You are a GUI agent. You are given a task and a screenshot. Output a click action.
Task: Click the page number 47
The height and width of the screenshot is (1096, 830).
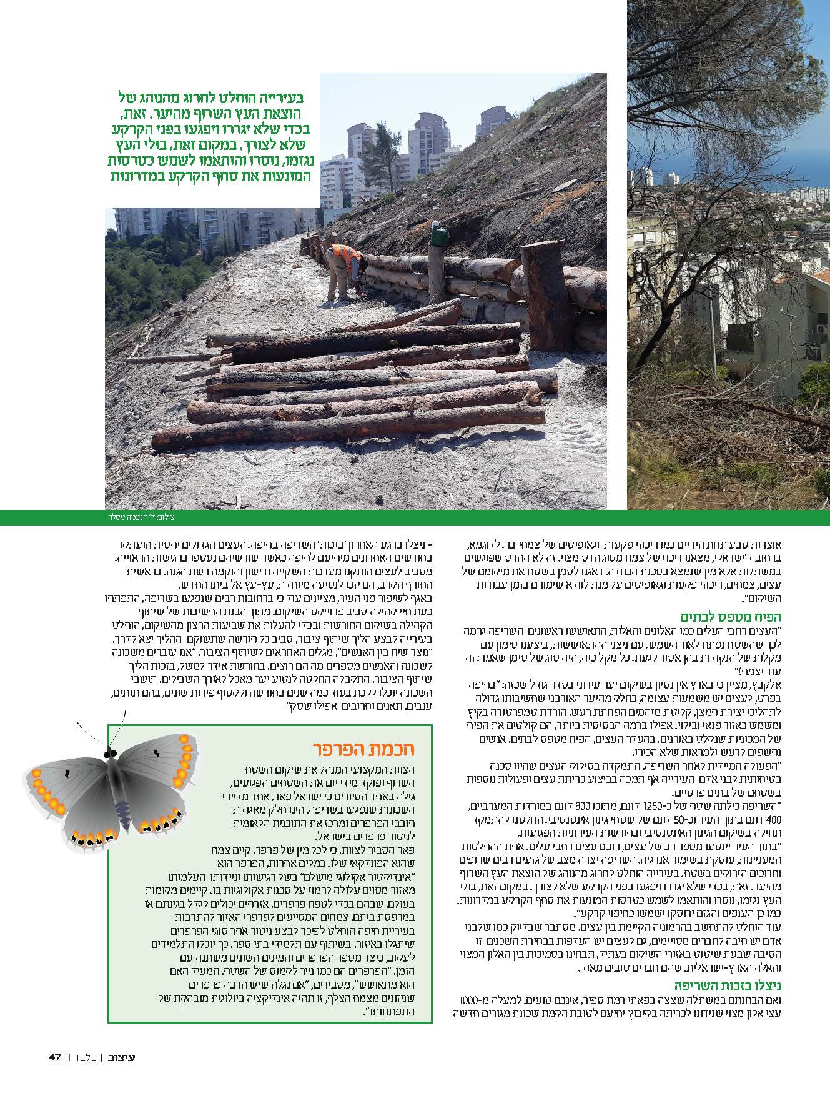click(x=55, y=1057)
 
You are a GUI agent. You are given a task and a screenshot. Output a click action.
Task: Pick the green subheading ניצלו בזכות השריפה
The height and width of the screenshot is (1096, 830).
click(x=736, y=986)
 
